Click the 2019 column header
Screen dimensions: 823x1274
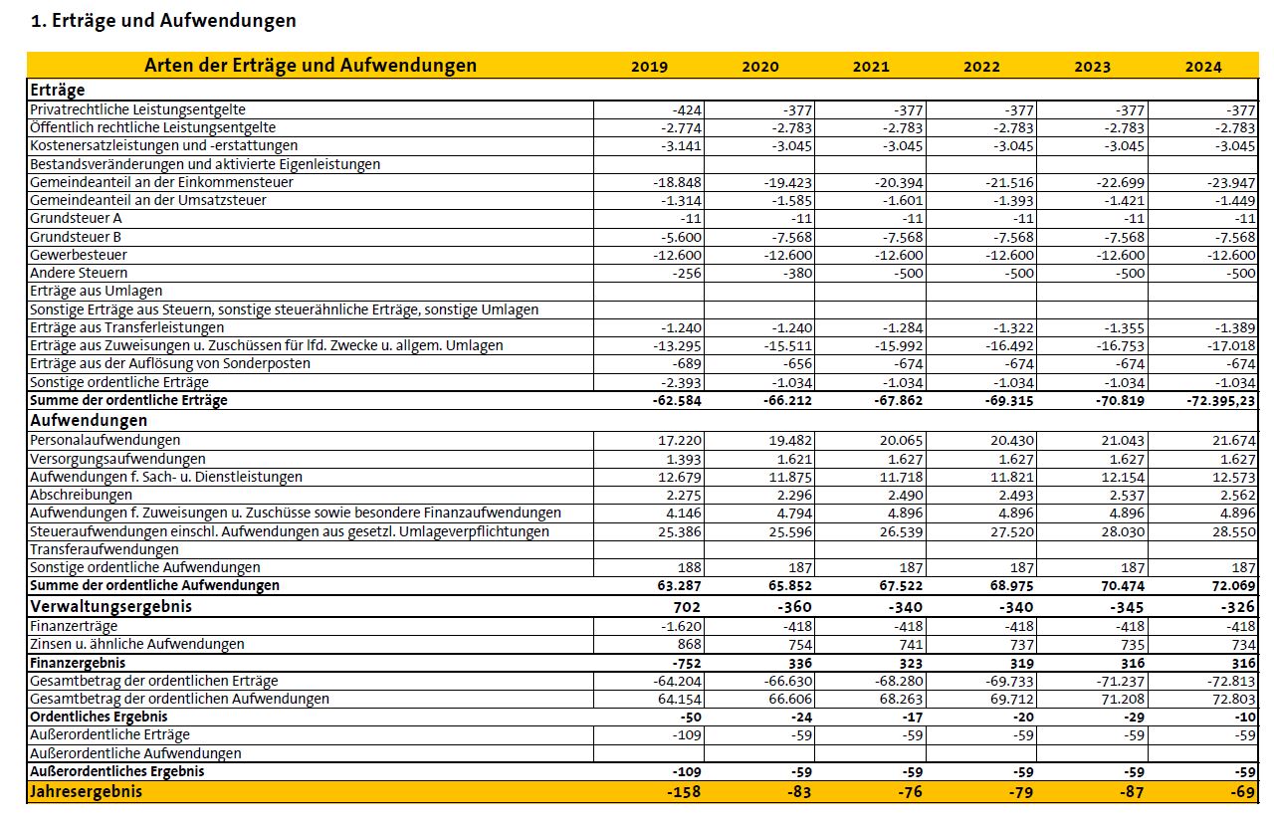coord(649,67)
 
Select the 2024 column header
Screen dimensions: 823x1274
coord(1203,67)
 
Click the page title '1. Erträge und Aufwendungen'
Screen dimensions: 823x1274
coord(163,20)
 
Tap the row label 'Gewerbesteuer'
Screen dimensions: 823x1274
coord(79,255)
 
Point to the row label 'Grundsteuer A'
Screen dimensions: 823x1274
coord(77,219)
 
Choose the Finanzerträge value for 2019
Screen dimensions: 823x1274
coord(681,626)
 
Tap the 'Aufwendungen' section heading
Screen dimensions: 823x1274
coord(89,421)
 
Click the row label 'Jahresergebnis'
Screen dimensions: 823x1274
coord(87,792)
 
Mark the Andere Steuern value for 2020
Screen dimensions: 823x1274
coord(793,273)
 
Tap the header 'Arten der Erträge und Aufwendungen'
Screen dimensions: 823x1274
coord(311,66)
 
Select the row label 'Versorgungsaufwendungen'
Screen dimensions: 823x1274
coord(117,459)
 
